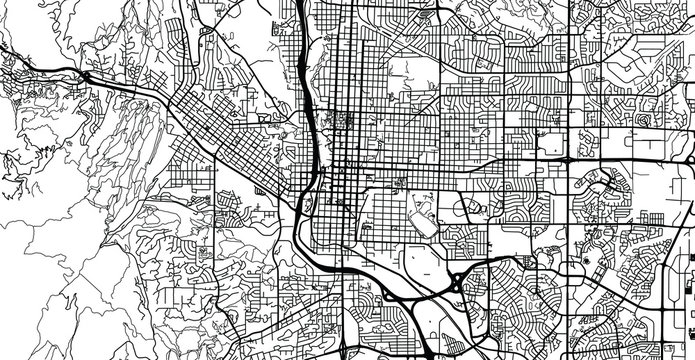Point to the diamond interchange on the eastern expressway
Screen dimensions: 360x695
[565, 159]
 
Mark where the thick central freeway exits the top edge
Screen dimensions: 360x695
[301, 3]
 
